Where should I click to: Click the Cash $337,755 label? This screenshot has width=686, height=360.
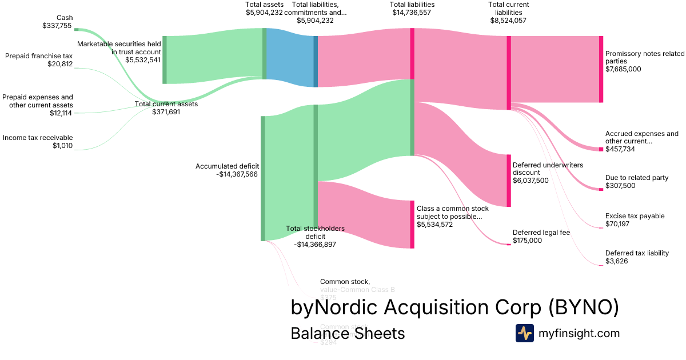click(x=57, y=22)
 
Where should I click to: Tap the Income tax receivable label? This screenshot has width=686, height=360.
click(x=38, y=142)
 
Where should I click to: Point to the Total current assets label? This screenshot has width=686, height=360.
click(x=166, y=108)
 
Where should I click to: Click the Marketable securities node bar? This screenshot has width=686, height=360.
click(x=165, y=60)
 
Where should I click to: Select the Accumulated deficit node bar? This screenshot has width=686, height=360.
click(x=263, y=178)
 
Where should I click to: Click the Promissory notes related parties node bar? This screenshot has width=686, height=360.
click(x=601, y=69)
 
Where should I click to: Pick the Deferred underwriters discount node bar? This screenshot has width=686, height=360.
click(x=509, y=181)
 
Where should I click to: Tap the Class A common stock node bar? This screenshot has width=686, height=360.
click(x=412, y=225)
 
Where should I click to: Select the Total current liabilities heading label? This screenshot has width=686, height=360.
click(x=508, y=12)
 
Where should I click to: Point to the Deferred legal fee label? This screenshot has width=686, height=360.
click(x=541, y=237)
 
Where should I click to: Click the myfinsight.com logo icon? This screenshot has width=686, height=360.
click(x=524, y=333)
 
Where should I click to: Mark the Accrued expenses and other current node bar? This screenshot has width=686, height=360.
click(x=601, y=149)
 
